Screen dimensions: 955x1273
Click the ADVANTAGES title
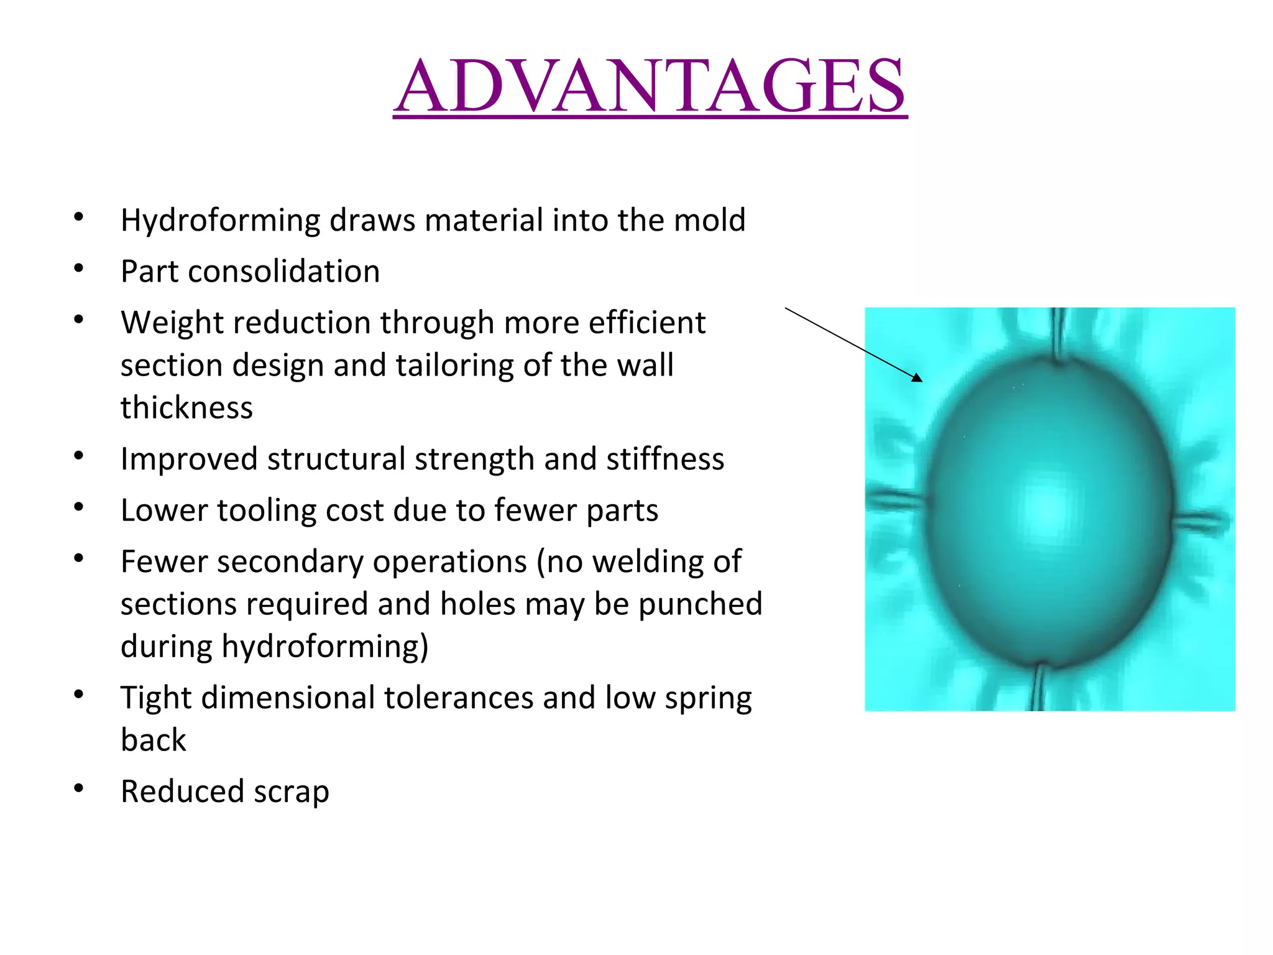pos(650,86)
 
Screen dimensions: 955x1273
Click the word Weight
pos(163,323)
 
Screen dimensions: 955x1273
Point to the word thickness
pos(186,408)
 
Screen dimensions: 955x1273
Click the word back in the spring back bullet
pos(153,740)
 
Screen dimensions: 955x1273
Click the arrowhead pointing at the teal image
pos(917,377)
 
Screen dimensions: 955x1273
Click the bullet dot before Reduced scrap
pos(78,789)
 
